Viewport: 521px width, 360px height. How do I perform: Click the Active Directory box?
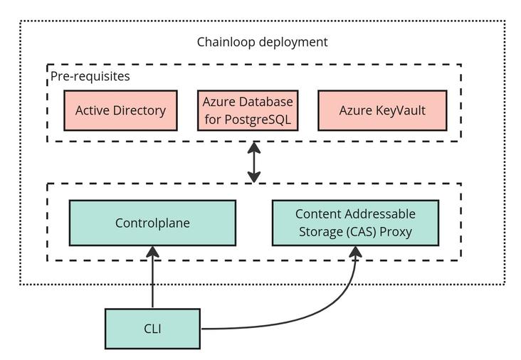point(120,110)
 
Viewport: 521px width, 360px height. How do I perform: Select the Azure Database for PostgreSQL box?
point(248,110)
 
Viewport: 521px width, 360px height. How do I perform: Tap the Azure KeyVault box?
point(382,110)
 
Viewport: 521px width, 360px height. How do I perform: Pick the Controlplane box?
point(152,223)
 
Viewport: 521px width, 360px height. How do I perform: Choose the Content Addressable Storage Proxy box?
point(356,223)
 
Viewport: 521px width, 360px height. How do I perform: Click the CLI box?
point(152,329)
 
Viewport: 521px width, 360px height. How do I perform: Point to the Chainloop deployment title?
point(262,42)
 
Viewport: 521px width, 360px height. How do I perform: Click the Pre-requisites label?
point(90,76)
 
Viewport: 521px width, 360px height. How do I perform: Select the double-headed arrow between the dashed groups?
point(254,162)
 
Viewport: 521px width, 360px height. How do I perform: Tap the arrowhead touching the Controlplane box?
point(152,251)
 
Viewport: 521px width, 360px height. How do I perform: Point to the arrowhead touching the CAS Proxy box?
point(355,251)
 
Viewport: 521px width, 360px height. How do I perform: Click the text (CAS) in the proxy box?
point(361,232)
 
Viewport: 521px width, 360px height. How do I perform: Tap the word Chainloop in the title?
point(226,42)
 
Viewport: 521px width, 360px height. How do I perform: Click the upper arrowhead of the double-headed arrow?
point(254,147)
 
